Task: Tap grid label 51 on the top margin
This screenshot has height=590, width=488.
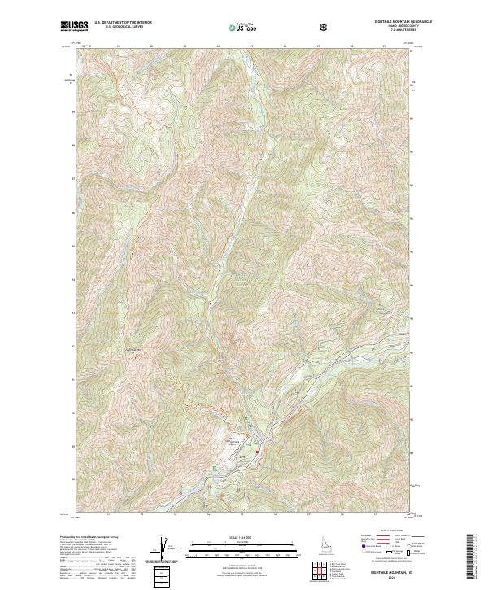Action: tap(118, 46)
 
